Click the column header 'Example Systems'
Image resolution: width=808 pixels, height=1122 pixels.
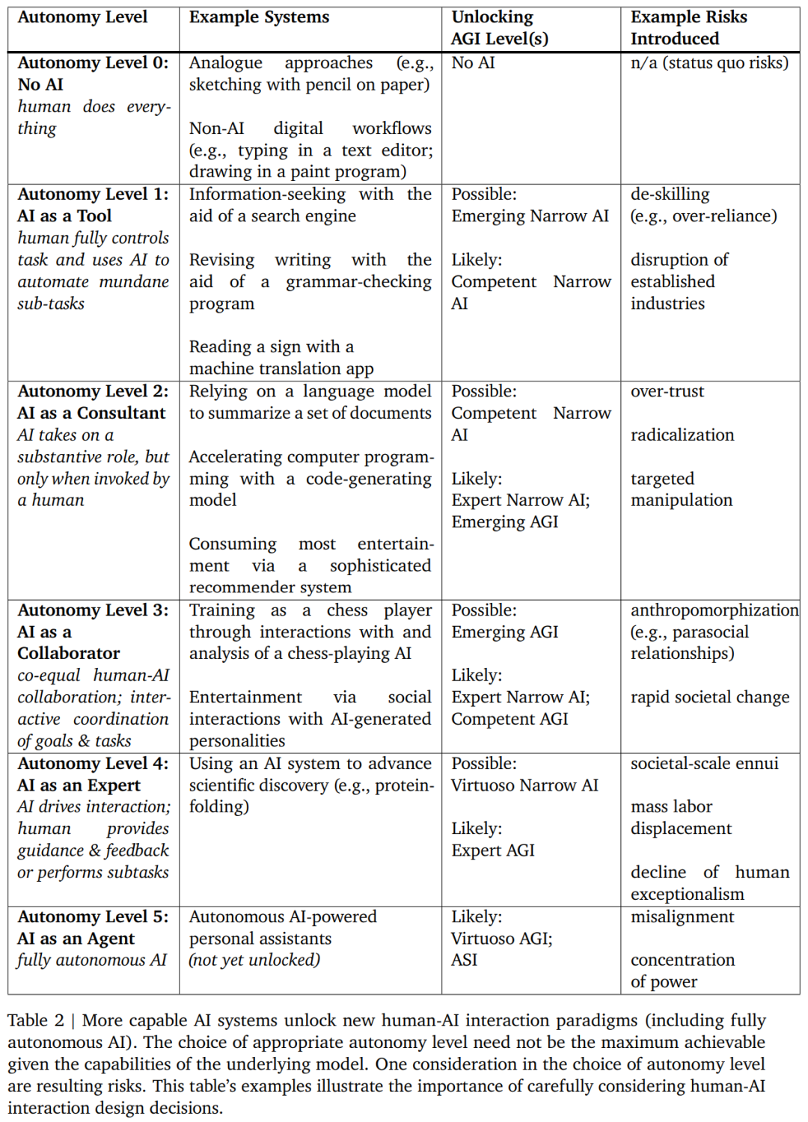pos(259,17)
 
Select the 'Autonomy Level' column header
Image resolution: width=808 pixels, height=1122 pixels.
pos(82,17)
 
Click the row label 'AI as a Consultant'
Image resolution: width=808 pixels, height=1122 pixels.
pos(91,413)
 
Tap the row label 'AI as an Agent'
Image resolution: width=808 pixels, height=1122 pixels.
pos(76,938)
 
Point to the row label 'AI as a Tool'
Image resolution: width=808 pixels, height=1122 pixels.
pos(64,215)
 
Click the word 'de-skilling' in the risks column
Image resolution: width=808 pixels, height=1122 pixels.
pos(670,194)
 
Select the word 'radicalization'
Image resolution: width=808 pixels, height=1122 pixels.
pos(682,435)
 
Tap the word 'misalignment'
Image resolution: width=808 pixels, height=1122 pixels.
pos(682,916)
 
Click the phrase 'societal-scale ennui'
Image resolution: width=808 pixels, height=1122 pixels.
pos(704,763)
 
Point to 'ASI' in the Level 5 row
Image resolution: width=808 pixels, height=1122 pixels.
pos(464,960)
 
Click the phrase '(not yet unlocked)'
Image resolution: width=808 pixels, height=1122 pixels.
pos(254,960)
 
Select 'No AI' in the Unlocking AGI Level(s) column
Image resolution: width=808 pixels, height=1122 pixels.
pos(473,63)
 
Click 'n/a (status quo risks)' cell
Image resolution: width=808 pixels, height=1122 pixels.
pos(709,63)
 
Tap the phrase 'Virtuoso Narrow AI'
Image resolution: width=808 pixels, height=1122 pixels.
pos(524,785)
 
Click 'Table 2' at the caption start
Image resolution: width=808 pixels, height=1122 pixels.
pos(36,1020)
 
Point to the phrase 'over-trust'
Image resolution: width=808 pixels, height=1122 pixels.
pos(667,391)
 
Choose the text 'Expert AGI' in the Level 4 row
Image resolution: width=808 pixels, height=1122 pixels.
pos(493,850)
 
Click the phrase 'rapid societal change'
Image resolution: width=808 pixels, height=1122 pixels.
pos(709,697)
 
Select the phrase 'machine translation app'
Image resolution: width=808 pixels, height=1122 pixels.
pos(281,369)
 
